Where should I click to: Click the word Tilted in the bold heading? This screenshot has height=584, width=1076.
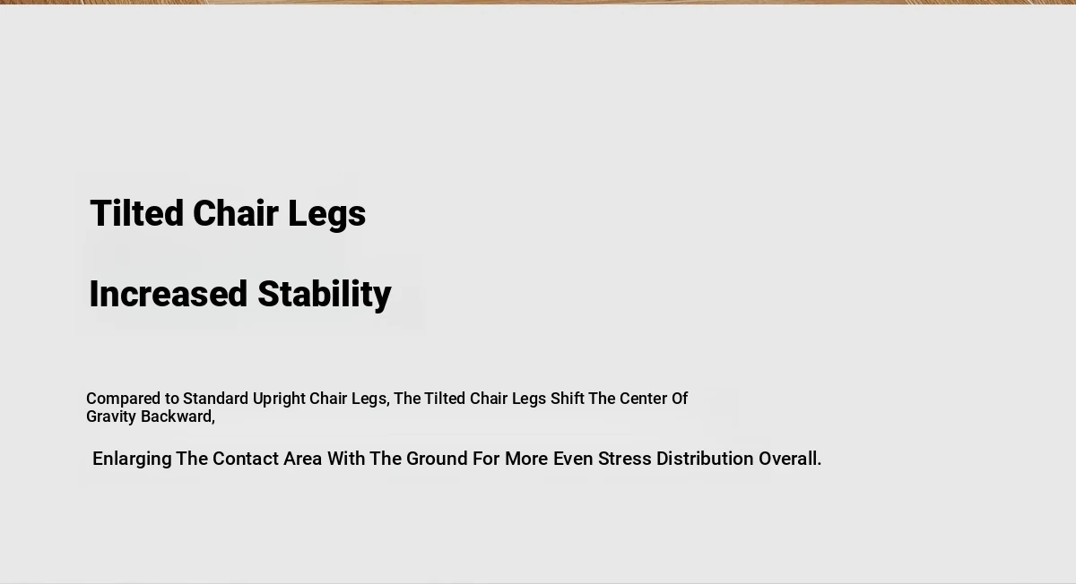point(137,213)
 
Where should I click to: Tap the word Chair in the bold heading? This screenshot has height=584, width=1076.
point(235,213)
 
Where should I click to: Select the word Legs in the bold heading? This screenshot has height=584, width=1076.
point(326,215)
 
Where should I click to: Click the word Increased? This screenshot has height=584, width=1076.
point(169,294)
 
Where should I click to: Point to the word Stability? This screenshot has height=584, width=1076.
point(325,296)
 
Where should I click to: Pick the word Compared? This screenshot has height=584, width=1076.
point(124,399)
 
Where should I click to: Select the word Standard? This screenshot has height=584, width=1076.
point(216,399)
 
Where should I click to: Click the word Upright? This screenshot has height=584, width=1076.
point(279,399)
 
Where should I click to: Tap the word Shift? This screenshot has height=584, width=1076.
point(568,399)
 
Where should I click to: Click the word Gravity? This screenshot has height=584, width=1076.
point(111,417)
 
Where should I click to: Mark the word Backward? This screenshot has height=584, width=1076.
point(178,417)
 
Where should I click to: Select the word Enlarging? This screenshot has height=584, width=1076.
point(132,459)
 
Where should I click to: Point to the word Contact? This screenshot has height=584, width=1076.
point(246,459)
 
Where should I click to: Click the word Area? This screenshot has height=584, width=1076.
point(303,459)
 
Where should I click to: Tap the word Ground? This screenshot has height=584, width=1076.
point(437,459)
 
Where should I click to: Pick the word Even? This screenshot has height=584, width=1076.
point(573,459)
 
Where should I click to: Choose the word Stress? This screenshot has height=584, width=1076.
point(624,459)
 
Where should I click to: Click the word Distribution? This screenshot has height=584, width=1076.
point(705,459)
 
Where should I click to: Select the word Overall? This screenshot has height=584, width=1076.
point(790,459)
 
